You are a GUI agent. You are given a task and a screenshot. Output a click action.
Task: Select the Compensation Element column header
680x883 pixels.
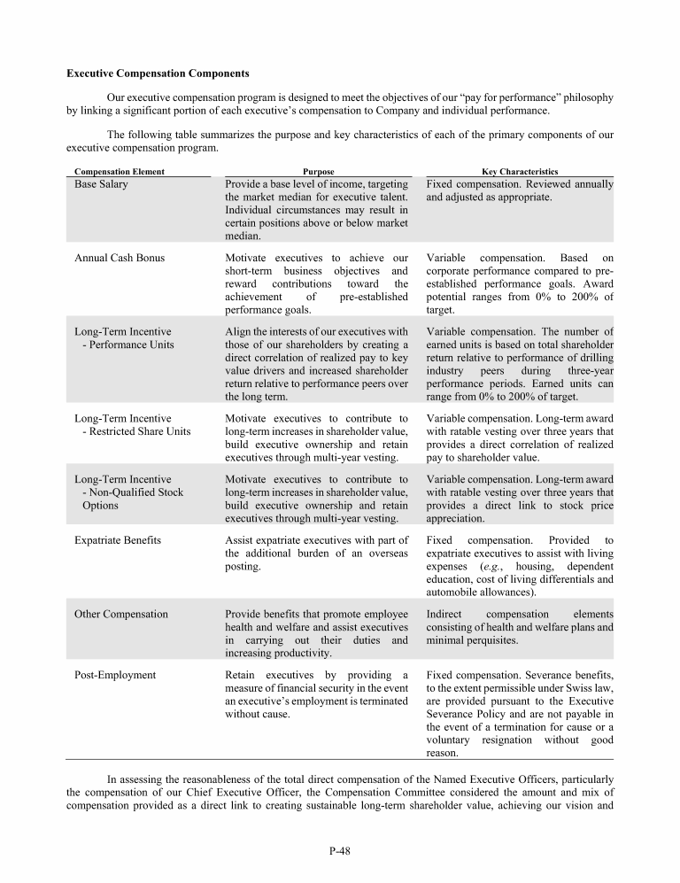click(120, 171)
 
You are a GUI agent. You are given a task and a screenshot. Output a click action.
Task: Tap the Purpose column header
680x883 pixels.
click(319, 171)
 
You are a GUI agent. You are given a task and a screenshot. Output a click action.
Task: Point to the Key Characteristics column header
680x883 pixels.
click(520, 171)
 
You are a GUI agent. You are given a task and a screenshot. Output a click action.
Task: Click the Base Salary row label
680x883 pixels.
click(101, 184)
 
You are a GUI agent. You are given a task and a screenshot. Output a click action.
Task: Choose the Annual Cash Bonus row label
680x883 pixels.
click(119, 258)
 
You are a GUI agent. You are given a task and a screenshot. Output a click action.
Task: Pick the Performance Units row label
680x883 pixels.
click(127, 345)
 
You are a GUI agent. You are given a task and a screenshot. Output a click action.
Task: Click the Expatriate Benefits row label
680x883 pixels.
click(118, 539)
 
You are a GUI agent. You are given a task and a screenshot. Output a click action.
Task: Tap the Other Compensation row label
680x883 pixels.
click(121, 614)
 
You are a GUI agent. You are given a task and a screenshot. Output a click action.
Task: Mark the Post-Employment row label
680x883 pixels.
click(115, 675)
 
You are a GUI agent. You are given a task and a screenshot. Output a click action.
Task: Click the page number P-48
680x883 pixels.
click(339, 852)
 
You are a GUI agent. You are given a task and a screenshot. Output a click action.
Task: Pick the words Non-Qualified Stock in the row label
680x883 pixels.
click(133, 492)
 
